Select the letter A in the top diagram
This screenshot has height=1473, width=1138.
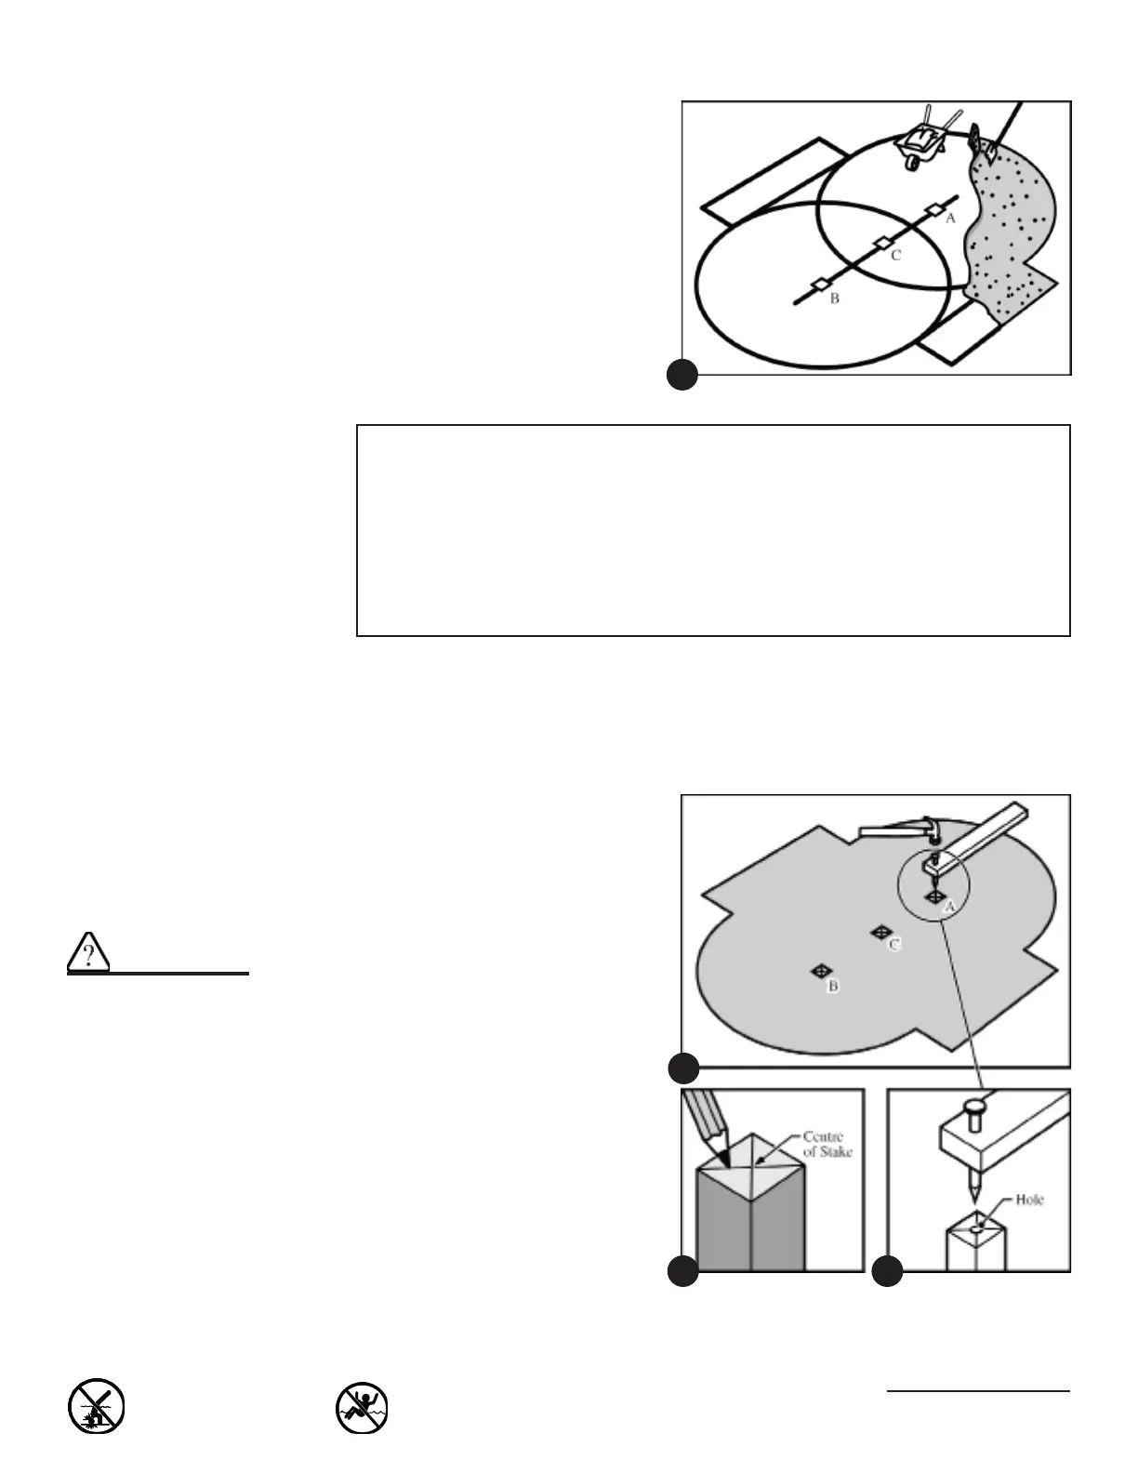pos(950,219)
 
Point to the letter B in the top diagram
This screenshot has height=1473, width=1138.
pos(835,299)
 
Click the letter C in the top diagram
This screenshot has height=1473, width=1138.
pos(895,255)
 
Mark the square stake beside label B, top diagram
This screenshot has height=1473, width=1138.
pos(819,285)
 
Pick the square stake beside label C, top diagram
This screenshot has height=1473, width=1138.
pos(881,243)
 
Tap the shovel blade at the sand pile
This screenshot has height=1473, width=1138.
pos(986,149)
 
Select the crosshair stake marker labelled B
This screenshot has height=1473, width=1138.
pos(820,971)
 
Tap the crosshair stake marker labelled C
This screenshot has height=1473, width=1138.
pos(879,931)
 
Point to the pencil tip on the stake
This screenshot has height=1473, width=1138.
pos(720,1159)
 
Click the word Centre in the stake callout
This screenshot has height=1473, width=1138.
pos(823,1137)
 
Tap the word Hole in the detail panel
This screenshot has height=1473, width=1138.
pos(1029,1200)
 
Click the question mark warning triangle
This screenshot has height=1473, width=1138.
pos(88,951)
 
